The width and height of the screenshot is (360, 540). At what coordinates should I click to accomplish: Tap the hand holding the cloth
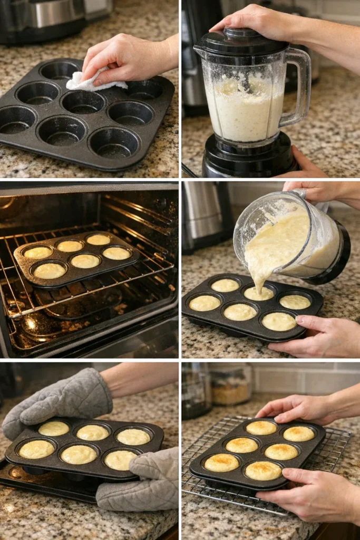tap(132, 58)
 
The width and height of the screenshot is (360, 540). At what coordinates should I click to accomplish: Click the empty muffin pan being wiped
tap(84, 116)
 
